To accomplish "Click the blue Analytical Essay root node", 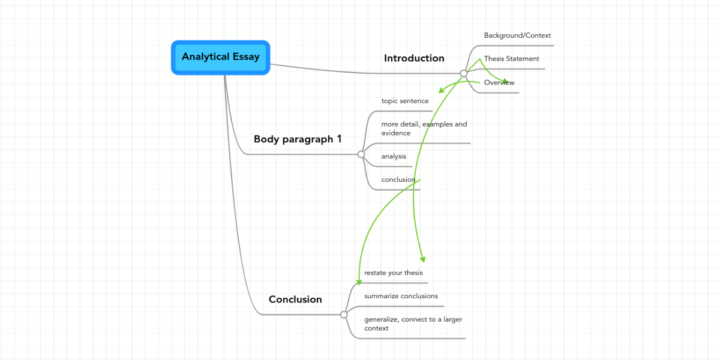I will tap(221, 58).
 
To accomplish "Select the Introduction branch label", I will tap(414, 58).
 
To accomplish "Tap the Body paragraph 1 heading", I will tap(298, 139).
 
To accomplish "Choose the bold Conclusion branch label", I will tap(295, 299).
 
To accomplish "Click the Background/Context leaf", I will tap(517, 35).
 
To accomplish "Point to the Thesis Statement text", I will tap(511, 59).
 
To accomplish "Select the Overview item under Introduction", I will tap(499, 83).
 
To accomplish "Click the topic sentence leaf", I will tap(405, 101).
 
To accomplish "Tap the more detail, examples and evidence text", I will tap(424, 128).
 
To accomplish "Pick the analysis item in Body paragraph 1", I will tap(394, 157).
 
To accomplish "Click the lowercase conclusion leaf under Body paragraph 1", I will tap(398, 179).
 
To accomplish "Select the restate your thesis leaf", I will tap(393, 273).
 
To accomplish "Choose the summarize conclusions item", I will tap(401, 296).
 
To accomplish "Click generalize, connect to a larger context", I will tap(413, 323).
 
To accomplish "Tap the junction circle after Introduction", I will tap(464, 73).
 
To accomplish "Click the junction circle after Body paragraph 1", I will tap(361, 154).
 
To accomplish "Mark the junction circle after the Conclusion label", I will tap(344, 314).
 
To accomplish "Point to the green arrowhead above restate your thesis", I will tap(422, 259).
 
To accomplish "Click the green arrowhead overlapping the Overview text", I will tap(505, 81).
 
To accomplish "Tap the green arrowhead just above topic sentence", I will tap(442, 91).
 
